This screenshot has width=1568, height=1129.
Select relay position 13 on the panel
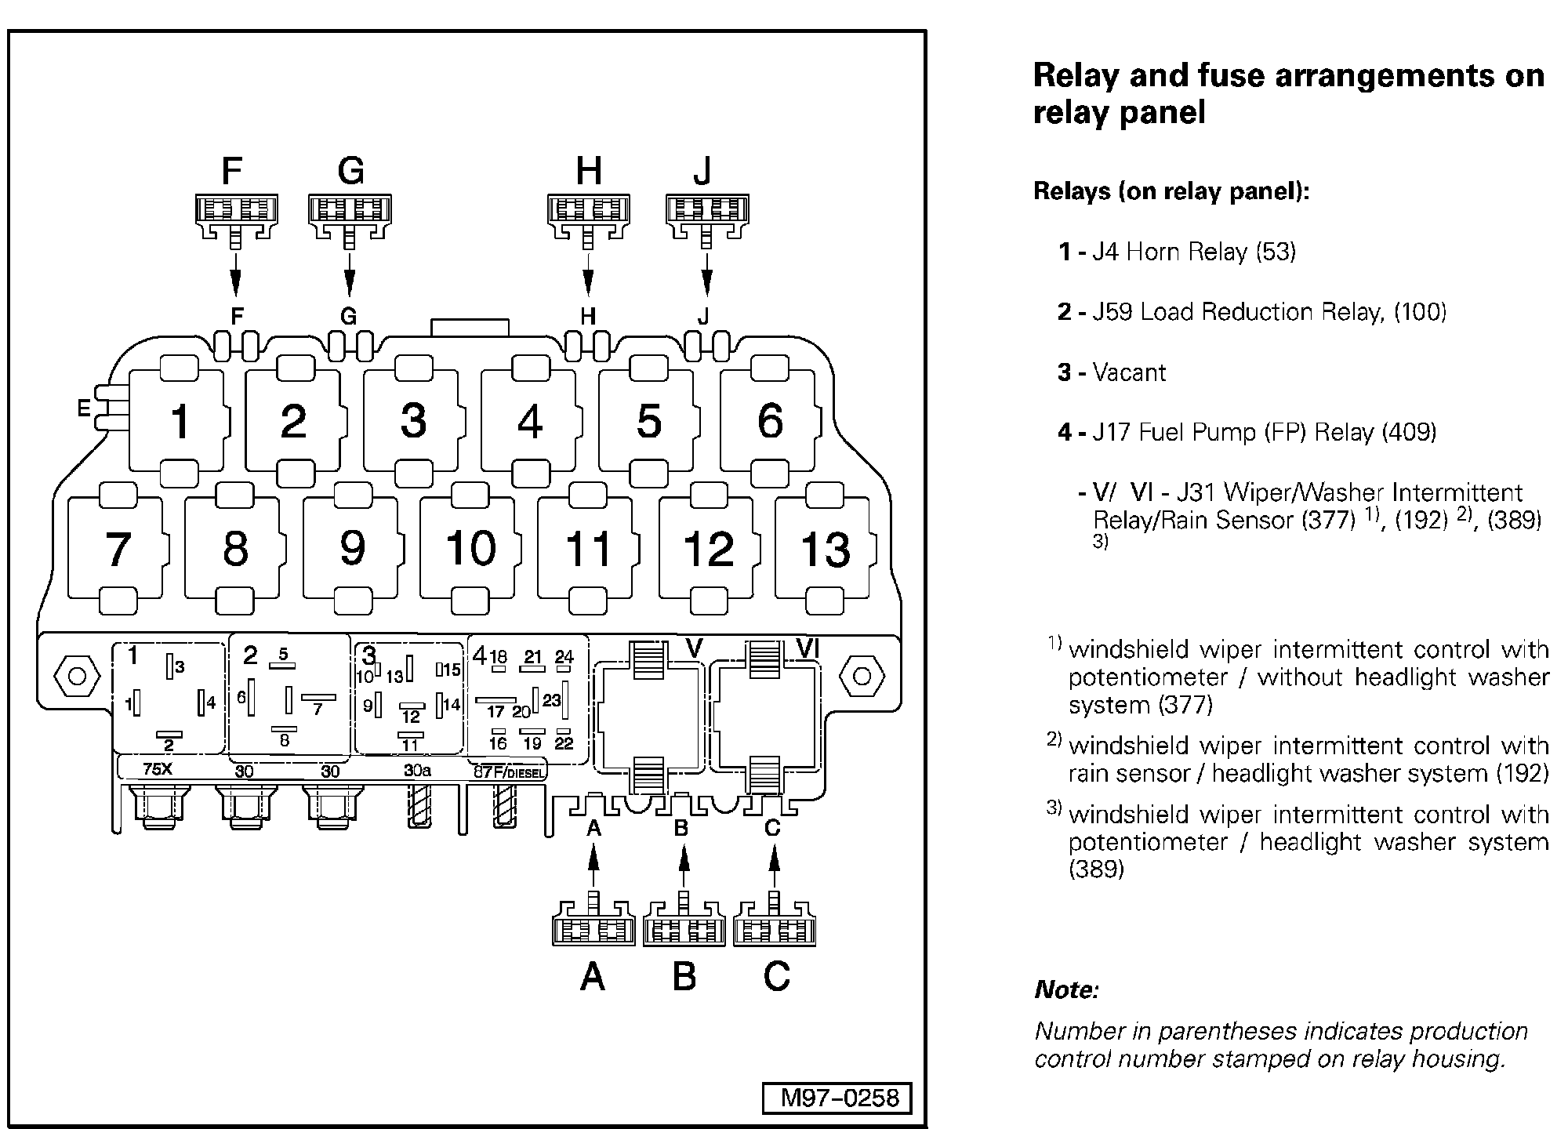(x=825, y=548)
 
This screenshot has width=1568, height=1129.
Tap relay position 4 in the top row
(x=530, y=421)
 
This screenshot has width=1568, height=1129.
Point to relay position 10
(x=470, y=548)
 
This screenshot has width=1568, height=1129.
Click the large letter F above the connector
(x=232, y=171)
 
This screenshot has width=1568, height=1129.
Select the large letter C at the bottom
(x=776, y=976)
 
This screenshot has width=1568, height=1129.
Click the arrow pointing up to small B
(x=684, y=869)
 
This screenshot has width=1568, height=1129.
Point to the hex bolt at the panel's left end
(x=77, y=676)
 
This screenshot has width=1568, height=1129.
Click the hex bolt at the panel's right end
(x=862, y=676)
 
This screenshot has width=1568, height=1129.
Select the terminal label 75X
(x=158, y=769)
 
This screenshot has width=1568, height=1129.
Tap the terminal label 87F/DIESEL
(x=508, y=771)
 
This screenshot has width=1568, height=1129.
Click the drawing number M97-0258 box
(x=837, y=1098)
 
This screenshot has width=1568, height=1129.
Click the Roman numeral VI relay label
(x=808, y=648)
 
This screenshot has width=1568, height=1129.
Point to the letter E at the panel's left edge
(x=83, y=408)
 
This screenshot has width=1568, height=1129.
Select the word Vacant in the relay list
(x=1129, y=372)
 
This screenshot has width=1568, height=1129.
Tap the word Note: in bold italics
(x=1066, y=989)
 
